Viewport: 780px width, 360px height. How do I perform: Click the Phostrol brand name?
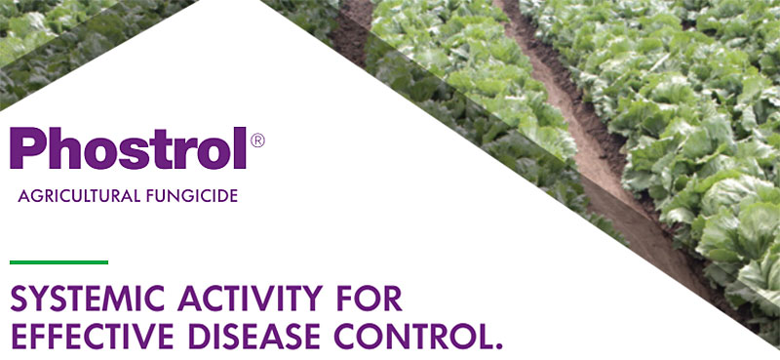(129, 147)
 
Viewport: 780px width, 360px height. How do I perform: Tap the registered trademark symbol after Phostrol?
(257, 140)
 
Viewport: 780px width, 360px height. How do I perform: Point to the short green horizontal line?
(58, 261)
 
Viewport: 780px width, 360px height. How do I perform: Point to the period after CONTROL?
(498, 344)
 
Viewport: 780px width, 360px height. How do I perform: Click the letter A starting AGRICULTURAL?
(23, 196)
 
